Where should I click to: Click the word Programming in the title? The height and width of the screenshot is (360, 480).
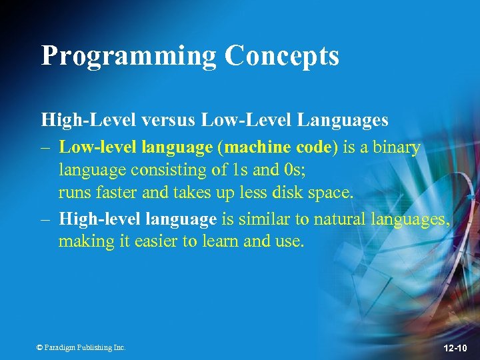pos(128,56)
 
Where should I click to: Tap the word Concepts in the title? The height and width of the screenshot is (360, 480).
pos(282,56)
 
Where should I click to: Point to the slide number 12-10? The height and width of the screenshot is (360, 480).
pos(455,348)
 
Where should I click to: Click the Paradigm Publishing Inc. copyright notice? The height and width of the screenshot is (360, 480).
pos(81,347)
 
